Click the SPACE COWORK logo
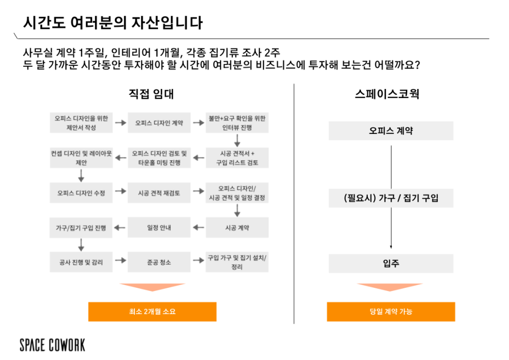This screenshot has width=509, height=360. [52, 345]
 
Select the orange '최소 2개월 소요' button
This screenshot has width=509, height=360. [152, 312]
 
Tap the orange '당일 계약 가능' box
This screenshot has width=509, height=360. [391, 312]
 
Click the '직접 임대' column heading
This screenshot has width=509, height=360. [151, 94]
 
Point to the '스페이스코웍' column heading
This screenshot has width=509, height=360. [387, 94]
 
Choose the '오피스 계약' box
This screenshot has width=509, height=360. [391, 131]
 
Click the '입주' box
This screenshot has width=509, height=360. [391, 263]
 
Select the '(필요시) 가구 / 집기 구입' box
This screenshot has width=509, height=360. [391, 198]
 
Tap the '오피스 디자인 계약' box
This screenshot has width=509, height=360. [159, 123]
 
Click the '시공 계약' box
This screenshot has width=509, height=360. [237, 228]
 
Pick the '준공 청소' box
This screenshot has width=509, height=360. [159, 262]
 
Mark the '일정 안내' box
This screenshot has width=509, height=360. [159, 228]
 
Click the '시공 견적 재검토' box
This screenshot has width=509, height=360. [159, 193]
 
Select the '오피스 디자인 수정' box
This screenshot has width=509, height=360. [81, 193]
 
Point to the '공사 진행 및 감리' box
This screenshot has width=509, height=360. [81, 262]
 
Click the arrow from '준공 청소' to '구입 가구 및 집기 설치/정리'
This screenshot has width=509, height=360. [198, 260]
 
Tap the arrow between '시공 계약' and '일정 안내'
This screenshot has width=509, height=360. [198, 228]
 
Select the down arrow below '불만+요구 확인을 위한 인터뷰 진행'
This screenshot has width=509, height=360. [237, 140]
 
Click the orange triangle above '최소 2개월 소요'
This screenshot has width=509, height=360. [152, 287]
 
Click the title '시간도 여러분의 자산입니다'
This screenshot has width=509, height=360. [113, 23]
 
